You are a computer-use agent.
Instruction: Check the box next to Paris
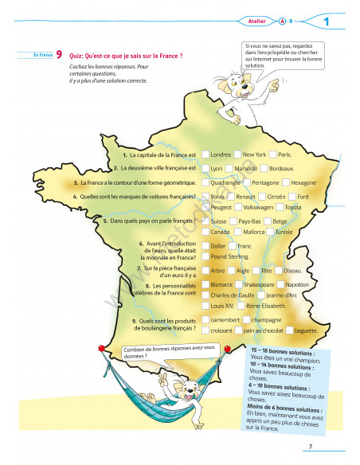(x=272, y=154)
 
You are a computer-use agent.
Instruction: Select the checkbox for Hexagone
(x=284, y=182)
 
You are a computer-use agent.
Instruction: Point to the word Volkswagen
(x=257, y=207)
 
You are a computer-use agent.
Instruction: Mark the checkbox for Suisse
(x=205, y=221)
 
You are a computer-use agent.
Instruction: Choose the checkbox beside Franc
(x=233, y=246)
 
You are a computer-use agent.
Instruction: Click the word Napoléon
(x=296, y=283)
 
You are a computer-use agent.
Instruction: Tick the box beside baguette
(x=288, y=330)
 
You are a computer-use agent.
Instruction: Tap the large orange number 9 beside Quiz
(x=60, y=56)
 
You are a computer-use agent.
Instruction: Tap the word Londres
(x=221, y=154)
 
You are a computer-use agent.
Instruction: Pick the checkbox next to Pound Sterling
(x=205, y=257)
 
